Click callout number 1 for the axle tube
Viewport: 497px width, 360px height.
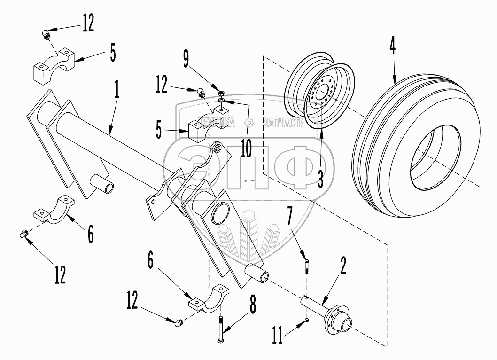tap(116, 90)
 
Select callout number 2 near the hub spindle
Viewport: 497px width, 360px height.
tap(344, 266)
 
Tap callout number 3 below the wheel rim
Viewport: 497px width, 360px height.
tap(321, 179)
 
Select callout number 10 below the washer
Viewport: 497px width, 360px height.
tap(246, 147)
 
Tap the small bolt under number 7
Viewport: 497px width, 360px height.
tap(307, 265)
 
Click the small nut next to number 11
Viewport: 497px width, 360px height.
tap(306, 320)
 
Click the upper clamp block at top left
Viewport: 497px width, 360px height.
tap(52, 67)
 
